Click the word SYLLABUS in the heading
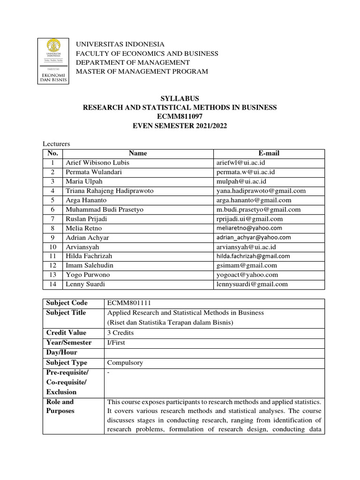point(180,98)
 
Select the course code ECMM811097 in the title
point(180,117)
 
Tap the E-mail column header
point(269,153)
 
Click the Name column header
point(138,153)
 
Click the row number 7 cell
point(52,219)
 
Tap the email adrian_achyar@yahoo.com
point(254,238)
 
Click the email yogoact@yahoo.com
point(247,275)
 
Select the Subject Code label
point(67,303)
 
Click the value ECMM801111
point(129,303)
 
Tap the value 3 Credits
point(120,333)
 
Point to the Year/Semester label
point(69,343)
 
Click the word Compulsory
point(125,363)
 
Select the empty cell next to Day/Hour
point(214,352)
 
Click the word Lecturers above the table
point(56,144)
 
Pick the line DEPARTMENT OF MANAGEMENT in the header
point(133,62)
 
